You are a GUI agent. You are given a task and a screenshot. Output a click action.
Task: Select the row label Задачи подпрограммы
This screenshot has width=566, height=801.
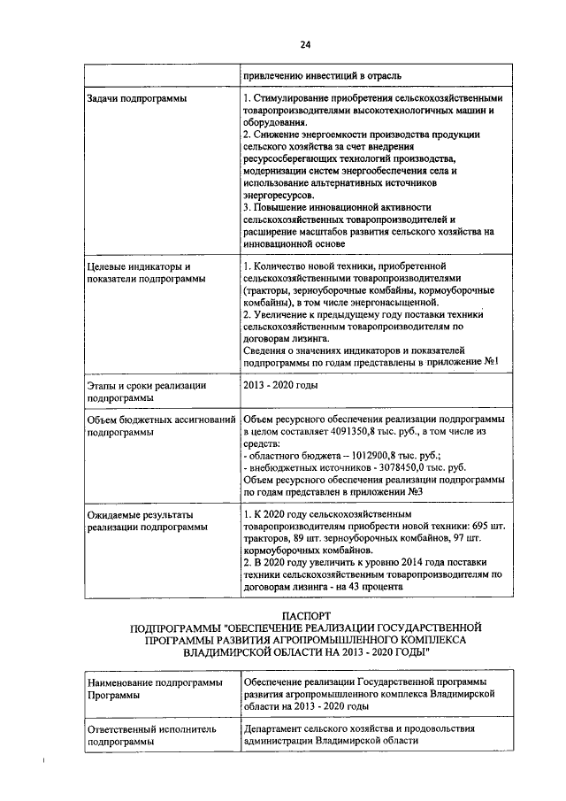click(137, 98)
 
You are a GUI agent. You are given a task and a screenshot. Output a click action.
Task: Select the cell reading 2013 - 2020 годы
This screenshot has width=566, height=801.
click(282, 385)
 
